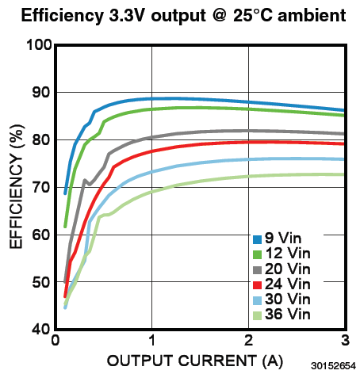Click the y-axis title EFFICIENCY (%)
(16, 186)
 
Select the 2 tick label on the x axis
(248, 342)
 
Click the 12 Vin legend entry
(281, 254)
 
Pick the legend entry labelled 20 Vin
(281, 269)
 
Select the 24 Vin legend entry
(281, 284)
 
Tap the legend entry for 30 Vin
(281, 300)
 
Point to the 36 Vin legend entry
(281, 315)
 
